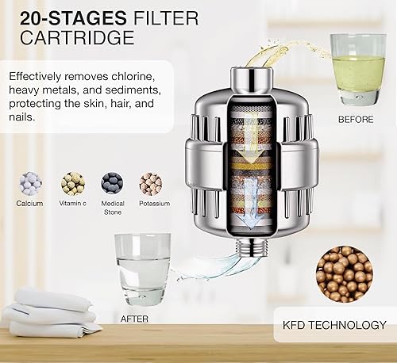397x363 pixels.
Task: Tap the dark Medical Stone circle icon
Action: (x=112, y=183)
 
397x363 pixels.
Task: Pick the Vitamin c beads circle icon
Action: (x=73, y=183)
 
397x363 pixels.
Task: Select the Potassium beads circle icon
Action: (x=150, y=183)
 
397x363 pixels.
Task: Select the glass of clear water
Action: (x=143, y=266)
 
